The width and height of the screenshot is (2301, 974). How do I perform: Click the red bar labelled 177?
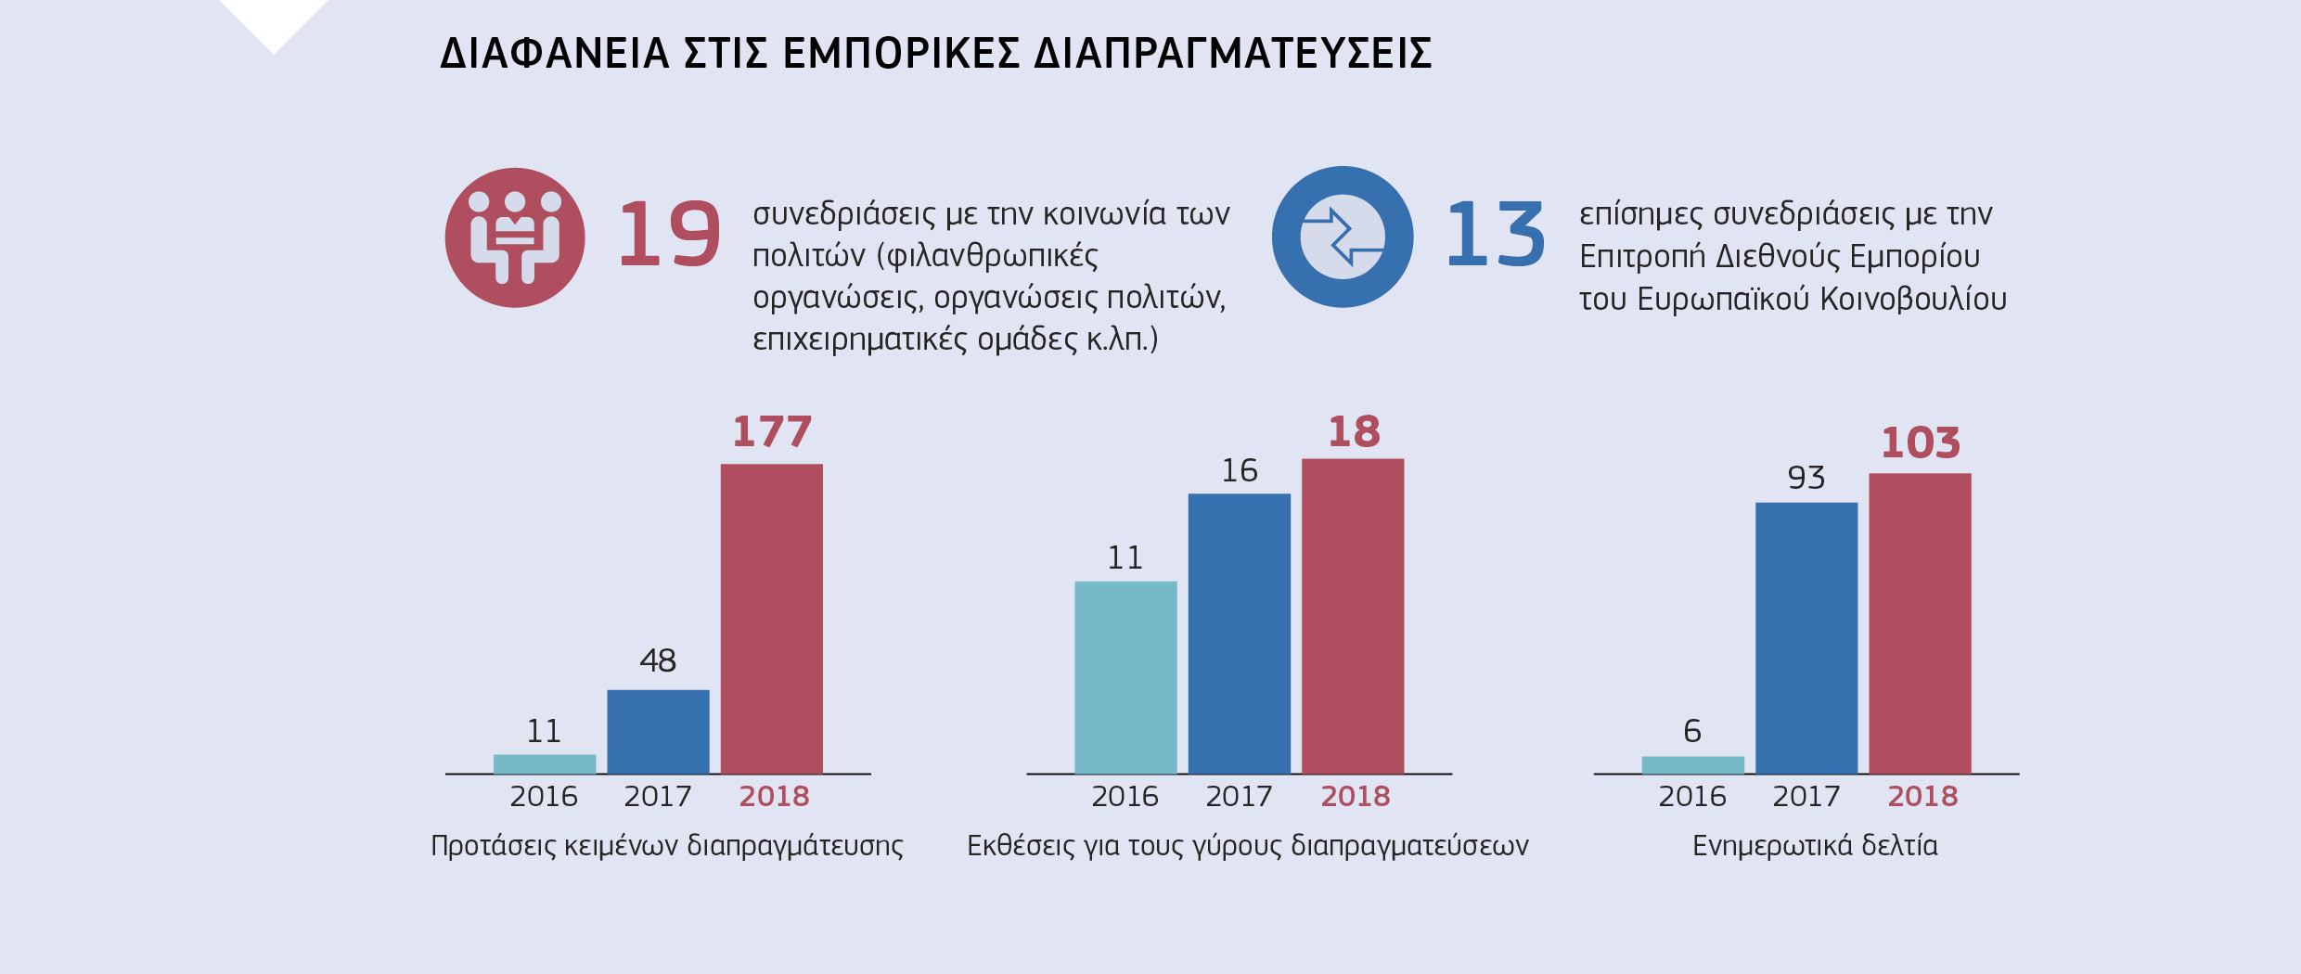click(x=771, y=619)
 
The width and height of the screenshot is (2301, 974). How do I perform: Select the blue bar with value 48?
click(x=658, y=732)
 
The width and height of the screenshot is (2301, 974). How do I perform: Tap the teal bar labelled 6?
click(x=1692, y=765)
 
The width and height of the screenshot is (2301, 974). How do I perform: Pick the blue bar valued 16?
click(x=1239, y=634)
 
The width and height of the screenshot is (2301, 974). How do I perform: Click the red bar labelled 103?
click(x=1920, y=623)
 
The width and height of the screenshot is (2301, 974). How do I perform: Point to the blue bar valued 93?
click(x=1806, y=638)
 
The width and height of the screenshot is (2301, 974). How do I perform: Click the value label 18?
click(x=1354, y=432)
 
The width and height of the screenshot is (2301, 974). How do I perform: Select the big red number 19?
click(x=669, y=236)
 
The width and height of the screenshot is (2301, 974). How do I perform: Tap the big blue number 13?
click(x=1496, y=236)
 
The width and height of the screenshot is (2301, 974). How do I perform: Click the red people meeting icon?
click(x=515, y=237)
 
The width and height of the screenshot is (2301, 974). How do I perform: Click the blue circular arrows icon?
click(x=1342, y=237)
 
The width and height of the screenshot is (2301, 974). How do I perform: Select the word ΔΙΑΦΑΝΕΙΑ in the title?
click(x=554, y=54)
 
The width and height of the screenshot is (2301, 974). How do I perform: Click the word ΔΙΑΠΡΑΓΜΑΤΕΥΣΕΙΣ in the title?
click(x=1232, y=54)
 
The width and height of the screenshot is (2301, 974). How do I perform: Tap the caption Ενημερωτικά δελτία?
click(x=1815, y=846)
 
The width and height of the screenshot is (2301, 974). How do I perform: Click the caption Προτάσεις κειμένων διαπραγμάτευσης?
click(x=666, y=846)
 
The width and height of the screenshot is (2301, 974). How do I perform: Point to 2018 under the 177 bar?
click(x=774, y=797)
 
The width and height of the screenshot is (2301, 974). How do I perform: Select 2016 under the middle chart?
click(x=1125, y=797)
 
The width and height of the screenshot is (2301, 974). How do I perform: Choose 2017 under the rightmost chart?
click(x=1806, y=797)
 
